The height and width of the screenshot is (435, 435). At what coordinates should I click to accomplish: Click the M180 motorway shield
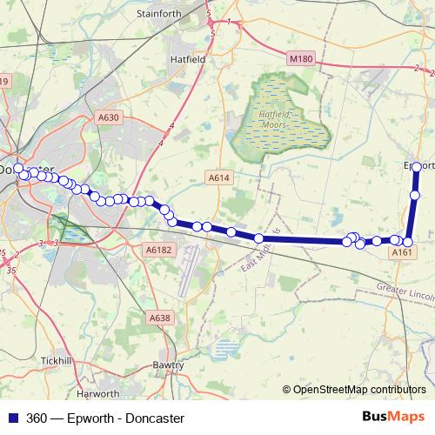click(300, 58)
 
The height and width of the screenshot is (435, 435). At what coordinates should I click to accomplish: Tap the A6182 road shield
click(160, 250)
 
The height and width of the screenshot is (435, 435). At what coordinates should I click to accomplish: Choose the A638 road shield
click(160, 318)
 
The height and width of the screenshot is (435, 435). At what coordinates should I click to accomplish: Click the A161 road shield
click(401, 252)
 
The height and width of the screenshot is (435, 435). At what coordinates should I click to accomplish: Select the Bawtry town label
click(168, 365)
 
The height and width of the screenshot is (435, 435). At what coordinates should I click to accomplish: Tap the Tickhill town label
click(57, 360)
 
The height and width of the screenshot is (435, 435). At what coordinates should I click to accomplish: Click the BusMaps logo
click(394, 418)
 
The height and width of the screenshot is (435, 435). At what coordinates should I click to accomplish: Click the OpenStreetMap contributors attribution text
click(358, 390)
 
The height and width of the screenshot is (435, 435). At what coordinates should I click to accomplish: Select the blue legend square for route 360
click(15, 418)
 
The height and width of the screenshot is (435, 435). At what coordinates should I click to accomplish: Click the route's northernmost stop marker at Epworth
click(417, 166)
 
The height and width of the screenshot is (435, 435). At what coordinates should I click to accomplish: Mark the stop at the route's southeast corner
click(407, 242)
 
